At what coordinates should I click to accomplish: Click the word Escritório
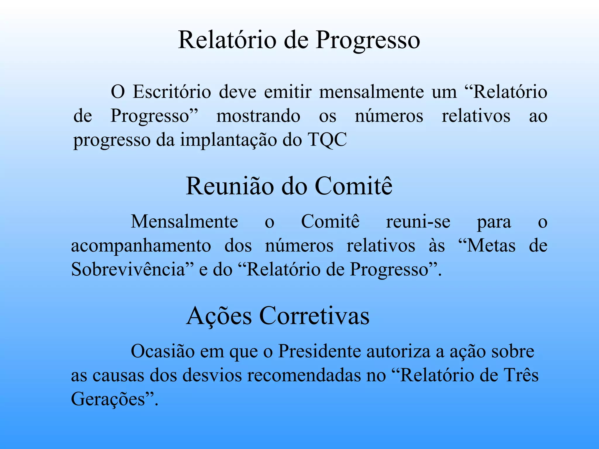[172, 92]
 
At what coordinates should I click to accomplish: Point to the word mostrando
[258, 116]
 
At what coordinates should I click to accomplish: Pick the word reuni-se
[418, 222]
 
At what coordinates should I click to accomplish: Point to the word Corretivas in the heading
[314, 316]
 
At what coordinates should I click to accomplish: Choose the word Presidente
[319, 351]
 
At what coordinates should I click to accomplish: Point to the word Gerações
[109, 399]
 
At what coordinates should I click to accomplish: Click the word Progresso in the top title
[368, 40]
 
